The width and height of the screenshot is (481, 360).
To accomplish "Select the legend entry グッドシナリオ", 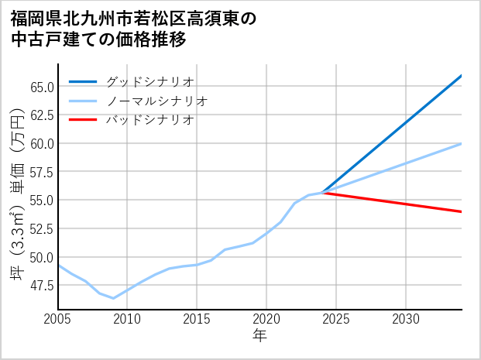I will point(149,81).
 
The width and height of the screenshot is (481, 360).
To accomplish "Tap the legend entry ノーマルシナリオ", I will point(156,101).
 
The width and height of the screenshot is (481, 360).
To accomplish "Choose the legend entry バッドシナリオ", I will point(149,120).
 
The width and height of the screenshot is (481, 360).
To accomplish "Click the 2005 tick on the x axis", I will point(58,319).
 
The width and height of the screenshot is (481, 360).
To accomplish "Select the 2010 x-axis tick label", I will point(128,319).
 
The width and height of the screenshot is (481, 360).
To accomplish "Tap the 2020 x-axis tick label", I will point(266,319).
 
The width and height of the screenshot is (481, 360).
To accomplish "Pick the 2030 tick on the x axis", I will point(406,319).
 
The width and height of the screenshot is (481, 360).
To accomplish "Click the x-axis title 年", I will point(259,336).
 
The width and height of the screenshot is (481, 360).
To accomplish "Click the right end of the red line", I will point(462,211).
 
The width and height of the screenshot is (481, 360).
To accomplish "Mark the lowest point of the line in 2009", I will point(114,298).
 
